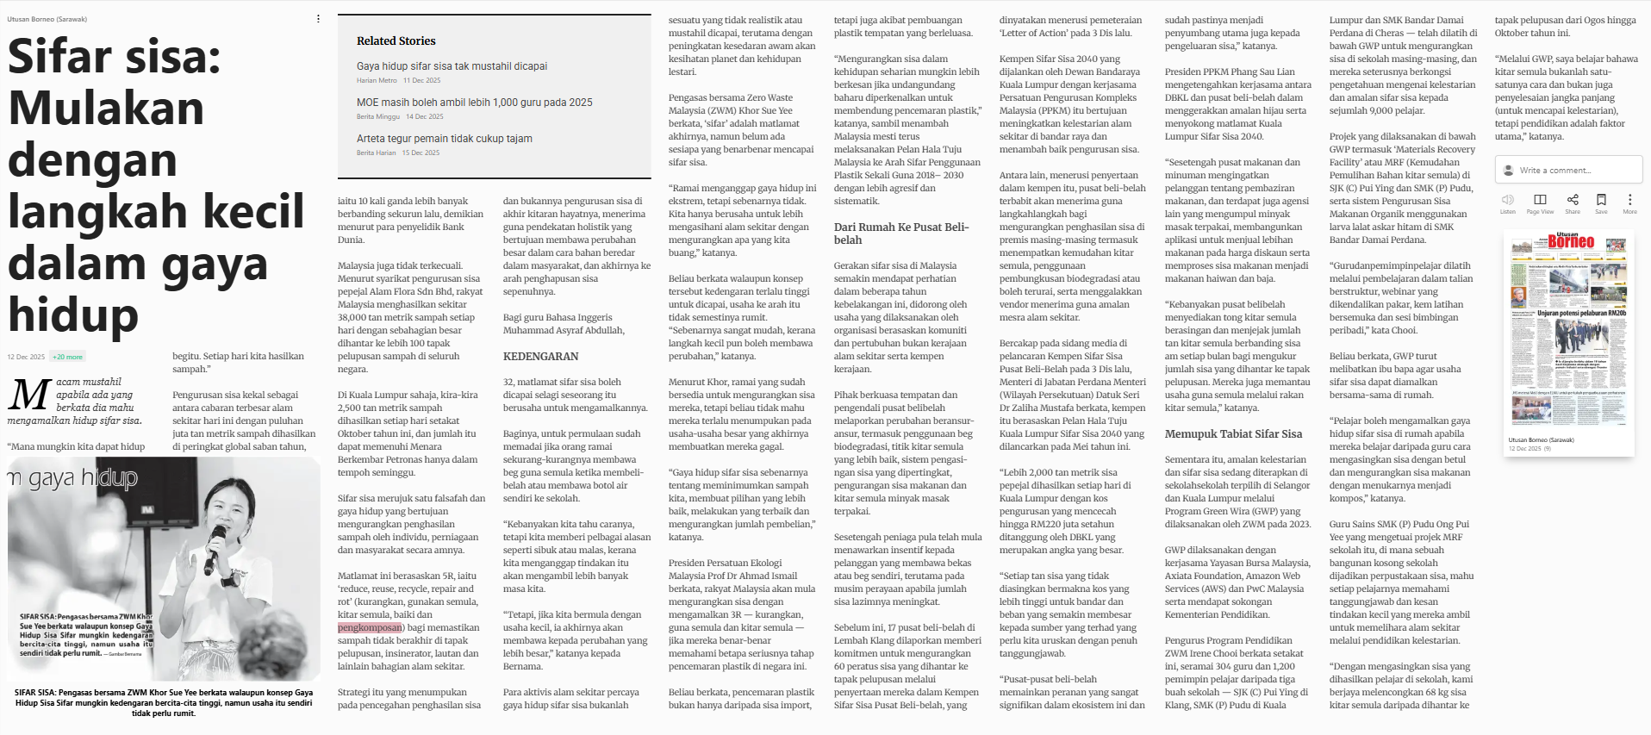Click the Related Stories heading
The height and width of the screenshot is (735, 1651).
tap(396, 40)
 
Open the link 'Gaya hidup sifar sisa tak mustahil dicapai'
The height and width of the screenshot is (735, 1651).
tap(452, 66)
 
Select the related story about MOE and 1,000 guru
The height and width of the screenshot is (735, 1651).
tap(474, 103)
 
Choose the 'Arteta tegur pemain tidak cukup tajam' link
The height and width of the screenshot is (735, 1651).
tap(444, 139)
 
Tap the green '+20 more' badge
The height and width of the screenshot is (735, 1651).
tap(67, 357)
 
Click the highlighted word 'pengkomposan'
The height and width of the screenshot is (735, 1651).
tap(370, 627)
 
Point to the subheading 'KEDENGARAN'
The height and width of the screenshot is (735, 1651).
tap(540, 357)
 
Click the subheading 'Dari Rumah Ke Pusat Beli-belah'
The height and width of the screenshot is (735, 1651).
tap(900, 234)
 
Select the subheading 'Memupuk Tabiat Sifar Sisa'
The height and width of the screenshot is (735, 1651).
tap(1233, 434)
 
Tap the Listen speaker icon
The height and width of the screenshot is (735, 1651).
tap(1507, 200)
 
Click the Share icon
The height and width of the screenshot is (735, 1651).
tap(1572, 200)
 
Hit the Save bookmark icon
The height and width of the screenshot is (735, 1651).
tap(1601, 200)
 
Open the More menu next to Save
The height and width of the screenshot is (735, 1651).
tap(1629, 200)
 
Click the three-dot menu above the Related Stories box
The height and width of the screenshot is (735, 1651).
tap(318, 19)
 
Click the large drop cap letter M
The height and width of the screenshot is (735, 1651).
tap(28, 396)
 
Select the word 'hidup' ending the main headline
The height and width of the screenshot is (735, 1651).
tap(73, 315)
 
